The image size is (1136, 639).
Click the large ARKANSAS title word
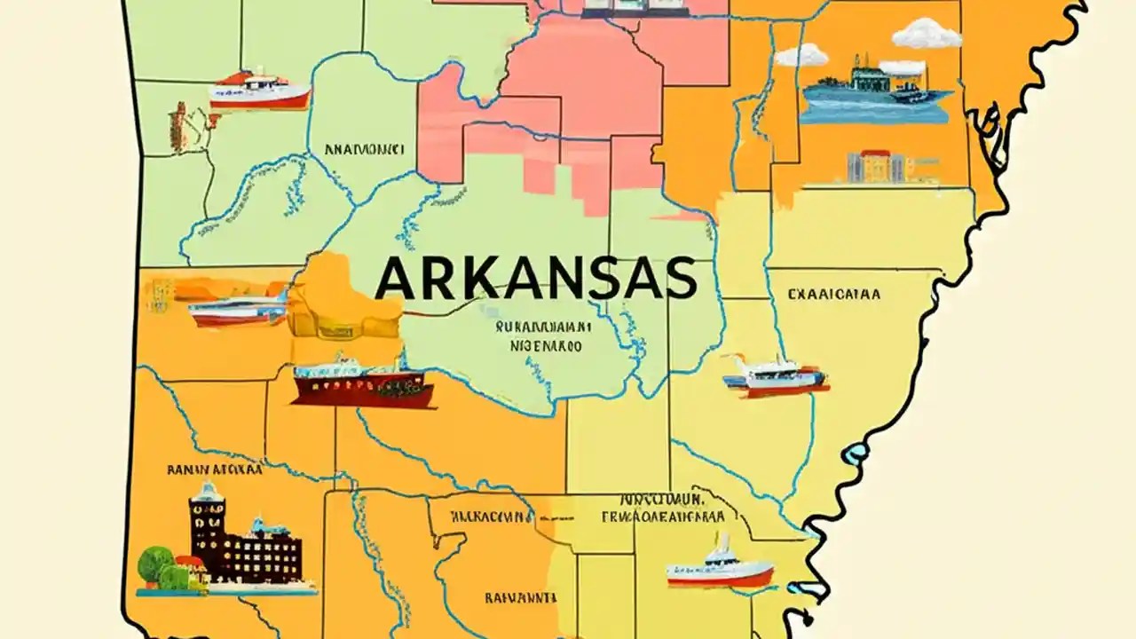pyautogui.click(x=535, y=279)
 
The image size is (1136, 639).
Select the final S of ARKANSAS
pyautogui.click(x=679, y=279)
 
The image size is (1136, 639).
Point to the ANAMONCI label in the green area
pyautogui.click(x=365, y=149)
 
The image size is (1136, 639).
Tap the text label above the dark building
pyautogui.click(x=214, y=469)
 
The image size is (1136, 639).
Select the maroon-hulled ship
pyautogui.click(x=362, y=383)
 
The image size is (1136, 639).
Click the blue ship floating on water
pyautogui.click(x=873, y=90)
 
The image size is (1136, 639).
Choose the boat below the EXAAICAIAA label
pyautogui.click(x=775, y=377)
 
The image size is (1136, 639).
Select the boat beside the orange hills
pyautogui.click(x=237, y=310)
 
